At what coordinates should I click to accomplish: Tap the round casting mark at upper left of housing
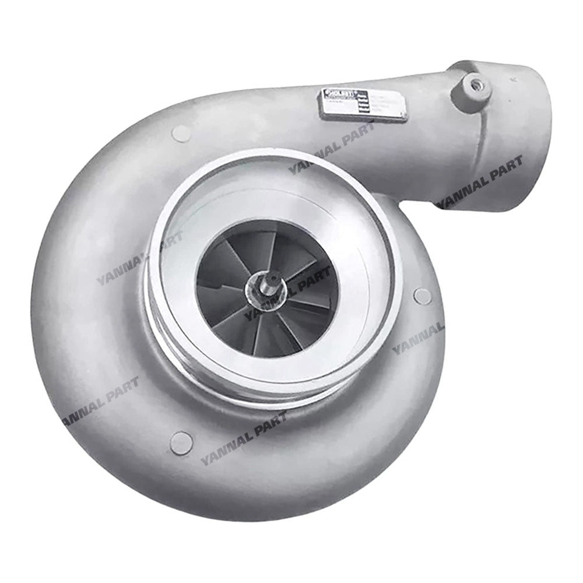tap(181, 133)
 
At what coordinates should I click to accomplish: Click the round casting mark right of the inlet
tap(422, 296)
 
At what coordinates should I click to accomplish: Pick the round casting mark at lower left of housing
tap(181, 443)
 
